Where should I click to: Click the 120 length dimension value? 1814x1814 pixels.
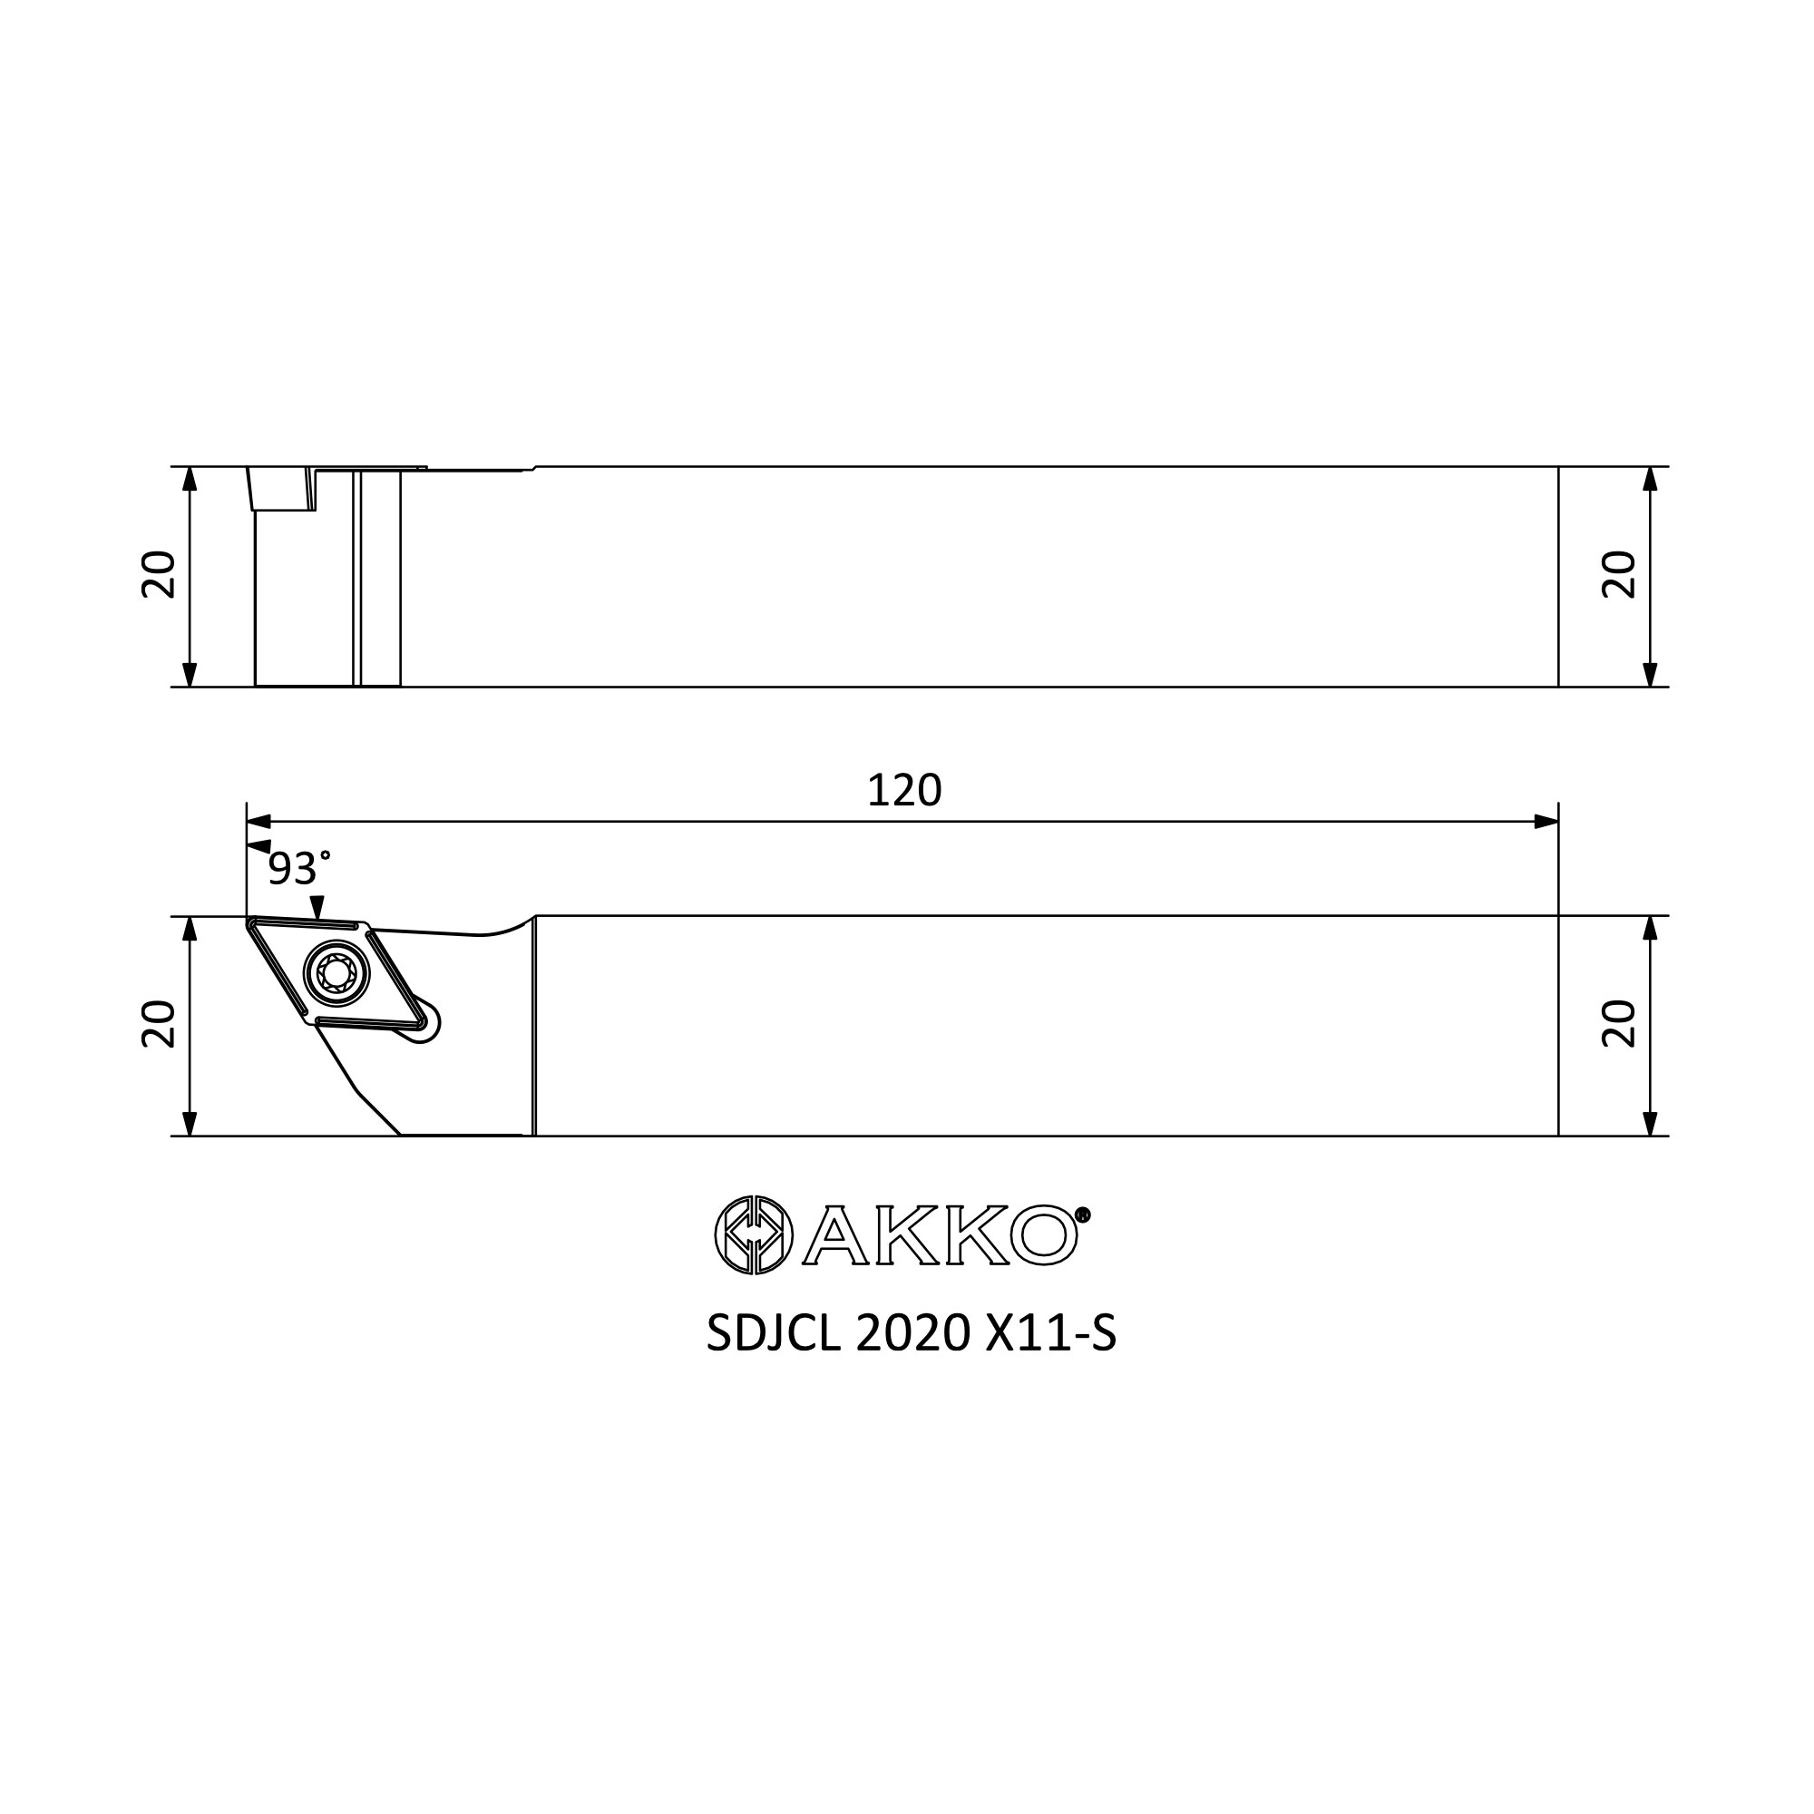[904, 791]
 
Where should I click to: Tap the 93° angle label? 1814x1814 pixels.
[299, 870]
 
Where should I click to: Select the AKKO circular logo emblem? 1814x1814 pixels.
[754, 1234]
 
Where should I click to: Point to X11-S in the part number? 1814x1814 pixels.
[1050, 1332]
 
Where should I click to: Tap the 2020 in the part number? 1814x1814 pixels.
[912, 1332]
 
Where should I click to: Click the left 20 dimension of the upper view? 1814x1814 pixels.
[159, 575]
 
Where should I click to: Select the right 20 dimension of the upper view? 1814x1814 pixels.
[1620, 575]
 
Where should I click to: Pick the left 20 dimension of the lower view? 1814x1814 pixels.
[159, 1023]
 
